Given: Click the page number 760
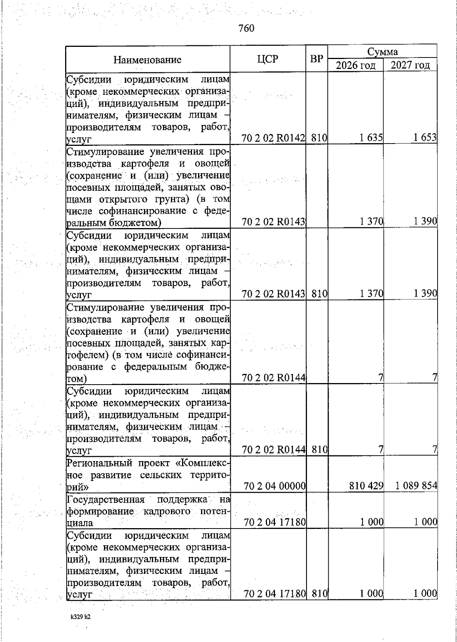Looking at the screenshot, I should coord(246,28).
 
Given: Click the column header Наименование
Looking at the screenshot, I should coord(147,60).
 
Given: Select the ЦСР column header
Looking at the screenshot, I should coord(267,59).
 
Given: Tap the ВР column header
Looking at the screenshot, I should coord(316,59).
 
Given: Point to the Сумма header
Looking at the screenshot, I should coord(382,51).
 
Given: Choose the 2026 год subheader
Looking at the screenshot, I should coord(356,65).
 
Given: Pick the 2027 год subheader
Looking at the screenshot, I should coord(410,65).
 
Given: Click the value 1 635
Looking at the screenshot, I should coord(371,138).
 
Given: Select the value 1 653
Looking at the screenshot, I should coord(425,138).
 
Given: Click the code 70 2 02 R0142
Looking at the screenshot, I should coord(273,138).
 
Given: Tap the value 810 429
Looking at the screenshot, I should coord(366,486).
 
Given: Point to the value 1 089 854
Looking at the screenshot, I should coord(416,486).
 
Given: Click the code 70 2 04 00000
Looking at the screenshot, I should coord(275,486).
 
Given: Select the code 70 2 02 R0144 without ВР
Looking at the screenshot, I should coord(274,378).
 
